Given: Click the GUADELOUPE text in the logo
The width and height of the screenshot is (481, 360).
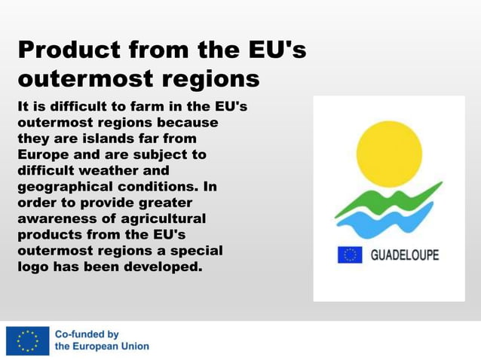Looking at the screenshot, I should (404, 255).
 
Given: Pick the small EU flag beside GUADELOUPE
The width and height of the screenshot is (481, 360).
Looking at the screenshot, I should (349, 255).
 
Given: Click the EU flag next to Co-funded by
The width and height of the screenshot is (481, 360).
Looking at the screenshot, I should (28, 340).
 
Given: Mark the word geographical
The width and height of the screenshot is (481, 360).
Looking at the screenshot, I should (63, 187).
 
